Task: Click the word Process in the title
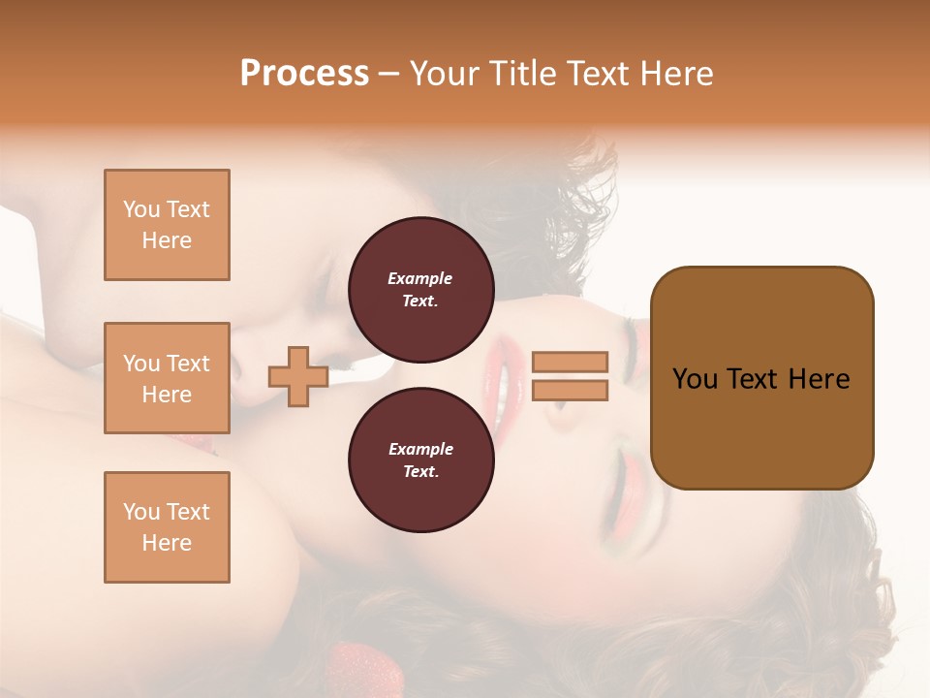pos(304,74)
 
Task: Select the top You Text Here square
pos(167,225)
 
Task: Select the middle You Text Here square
pos(167,378)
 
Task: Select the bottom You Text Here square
pos(167,527)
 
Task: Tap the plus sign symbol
pos(298,376)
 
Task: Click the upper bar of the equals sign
pos(570,362)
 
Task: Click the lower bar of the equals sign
pos(570,391)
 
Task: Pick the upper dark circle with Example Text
pos(420,289)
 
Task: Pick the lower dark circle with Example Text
pos(420,460)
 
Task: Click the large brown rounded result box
pos(761,378)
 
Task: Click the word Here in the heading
pos(675,74)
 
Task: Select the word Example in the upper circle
pos(419,278)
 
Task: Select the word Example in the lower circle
pos(419,449)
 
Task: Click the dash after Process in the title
pos(388,74)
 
